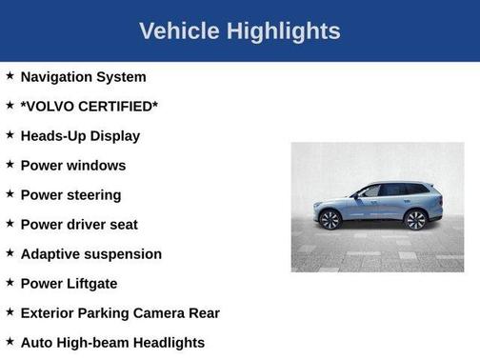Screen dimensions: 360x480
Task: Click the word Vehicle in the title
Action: (x=177, y=30)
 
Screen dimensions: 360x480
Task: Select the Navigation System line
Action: (x=83, y=76)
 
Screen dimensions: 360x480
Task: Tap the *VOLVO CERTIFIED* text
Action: (x=89, y=106)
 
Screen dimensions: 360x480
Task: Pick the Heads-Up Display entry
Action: (x=80, y=135)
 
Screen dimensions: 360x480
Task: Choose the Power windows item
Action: (x=72, y=165)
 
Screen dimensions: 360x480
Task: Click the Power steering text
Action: (x=70, y=194)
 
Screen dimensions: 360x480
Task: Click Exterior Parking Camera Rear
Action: (x=120, y=312)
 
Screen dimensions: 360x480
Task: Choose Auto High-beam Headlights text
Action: (x=112, y=342)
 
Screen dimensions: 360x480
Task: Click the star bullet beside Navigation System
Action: (x=10, y=75)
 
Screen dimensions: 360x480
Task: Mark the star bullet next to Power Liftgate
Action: (x=10, y=282)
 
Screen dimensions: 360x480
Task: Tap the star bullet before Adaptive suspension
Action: (x=10, y=252)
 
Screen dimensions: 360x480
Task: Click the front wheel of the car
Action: (x=331, y=220)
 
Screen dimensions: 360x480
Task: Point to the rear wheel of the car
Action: (x=415, y=220)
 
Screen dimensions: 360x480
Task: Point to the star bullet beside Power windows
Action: (x=10, y=164)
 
